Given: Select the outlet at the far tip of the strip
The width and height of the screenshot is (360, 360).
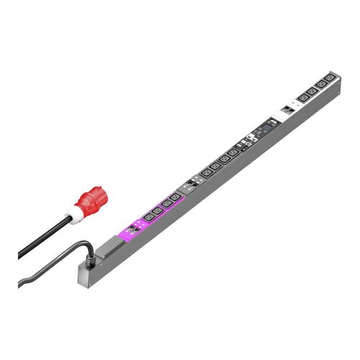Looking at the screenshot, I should (328, 78).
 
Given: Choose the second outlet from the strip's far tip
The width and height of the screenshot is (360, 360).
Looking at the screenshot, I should (320, 84).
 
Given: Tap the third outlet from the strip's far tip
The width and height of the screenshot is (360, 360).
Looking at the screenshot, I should (312, 89).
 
